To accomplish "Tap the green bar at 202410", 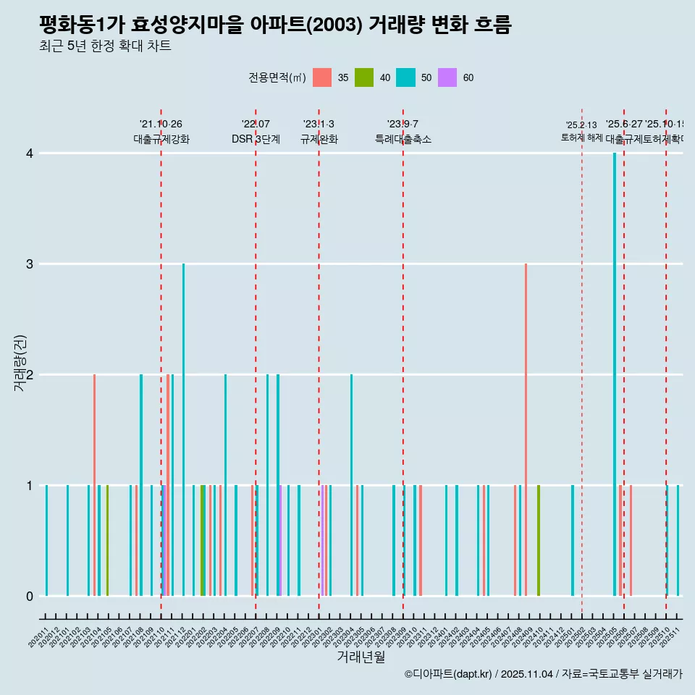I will coord(539,540).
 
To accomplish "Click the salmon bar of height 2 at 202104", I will coord(94,485).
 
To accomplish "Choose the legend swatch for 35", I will coord(322,77).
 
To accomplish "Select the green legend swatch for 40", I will coord(364,77).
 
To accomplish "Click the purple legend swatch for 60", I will coord(447,77).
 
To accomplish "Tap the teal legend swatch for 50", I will coord(405,77).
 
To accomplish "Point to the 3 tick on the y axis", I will coord(29,264).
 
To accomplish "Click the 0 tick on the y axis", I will coord(29,596).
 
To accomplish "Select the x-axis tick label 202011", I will coord(41,637).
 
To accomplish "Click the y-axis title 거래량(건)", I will coord(20,363).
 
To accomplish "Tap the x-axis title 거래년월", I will coord(361,657).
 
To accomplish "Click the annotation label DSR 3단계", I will coord(256,139).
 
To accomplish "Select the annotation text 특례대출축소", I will coord(403,139).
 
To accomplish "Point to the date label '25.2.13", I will coord(581,125).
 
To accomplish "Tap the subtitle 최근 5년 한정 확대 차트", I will coord(105,46).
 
